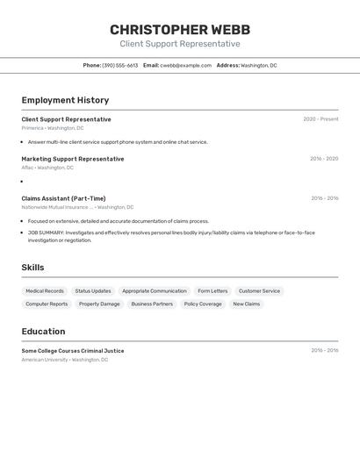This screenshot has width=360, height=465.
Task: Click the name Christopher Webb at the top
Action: click(x=179, y=29)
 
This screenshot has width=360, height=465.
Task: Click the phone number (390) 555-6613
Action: click(x=120, y=65)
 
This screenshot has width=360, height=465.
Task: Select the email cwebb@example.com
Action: click(x=186, y=65)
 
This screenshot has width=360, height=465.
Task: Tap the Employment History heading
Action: click(x=65, y=100)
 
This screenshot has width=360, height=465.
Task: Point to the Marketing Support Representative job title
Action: click(x=73, y=159)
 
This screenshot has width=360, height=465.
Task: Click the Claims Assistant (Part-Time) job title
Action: click(x=63, y=198)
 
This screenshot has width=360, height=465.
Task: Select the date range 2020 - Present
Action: click(x=320, y=119)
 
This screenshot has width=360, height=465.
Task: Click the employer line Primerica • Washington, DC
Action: click(x=53, y=128)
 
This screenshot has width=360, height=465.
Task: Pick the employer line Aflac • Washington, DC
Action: click(x=47, y=168)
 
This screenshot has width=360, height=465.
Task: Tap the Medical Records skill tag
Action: click(x=45, y=290)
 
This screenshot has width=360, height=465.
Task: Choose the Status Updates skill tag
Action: click(x=93, y=290)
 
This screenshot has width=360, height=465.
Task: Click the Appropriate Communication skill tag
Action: click(x=155, y=290)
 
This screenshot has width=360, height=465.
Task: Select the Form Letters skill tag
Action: click(x=212, y=290)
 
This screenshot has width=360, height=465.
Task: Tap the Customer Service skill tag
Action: click(x=259, y=290)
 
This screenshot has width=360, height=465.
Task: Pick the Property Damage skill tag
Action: click(x=99, y=304)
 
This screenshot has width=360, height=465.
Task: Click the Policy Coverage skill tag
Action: click(x=203, y=304)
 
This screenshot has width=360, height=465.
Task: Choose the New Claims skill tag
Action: click(x=247, y=304)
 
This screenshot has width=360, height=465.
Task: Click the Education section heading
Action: click(x=43, y=332)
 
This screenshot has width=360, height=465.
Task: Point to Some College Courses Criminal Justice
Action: click(x=73, y=351)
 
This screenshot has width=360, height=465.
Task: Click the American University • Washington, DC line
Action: click(x=65, y=360)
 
